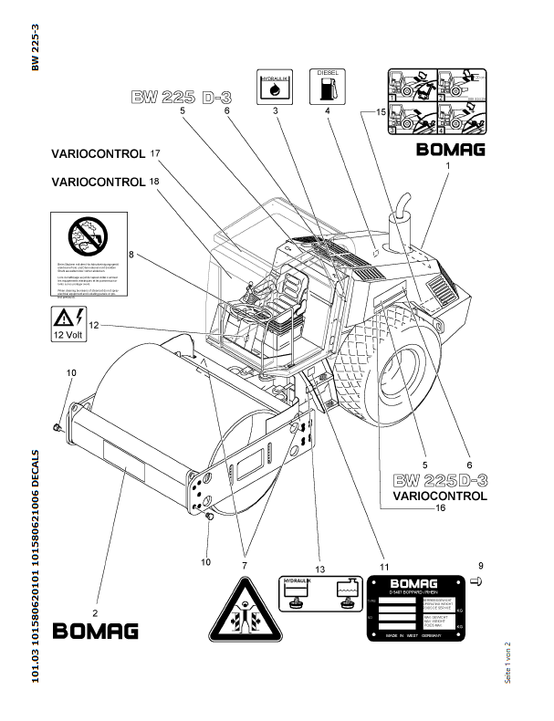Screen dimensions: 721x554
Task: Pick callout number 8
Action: [131, 255]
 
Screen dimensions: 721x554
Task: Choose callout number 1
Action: [448, 165]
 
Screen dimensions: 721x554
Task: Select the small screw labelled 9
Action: [477, 582]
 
